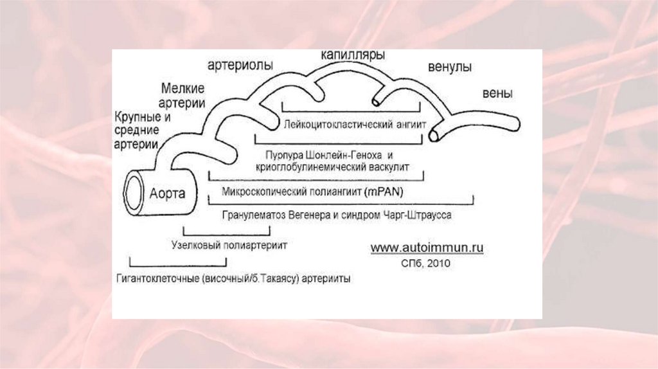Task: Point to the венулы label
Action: (450, 67)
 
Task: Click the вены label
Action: (497, 93)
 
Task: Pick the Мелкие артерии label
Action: (183, 95)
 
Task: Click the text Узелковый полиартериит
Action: (229, 245)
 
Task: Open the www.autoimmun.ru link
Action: (427, 247)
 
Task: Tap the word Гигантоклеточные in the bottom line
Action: (156, 280)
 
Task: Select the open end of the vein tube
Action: (435, 134)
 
